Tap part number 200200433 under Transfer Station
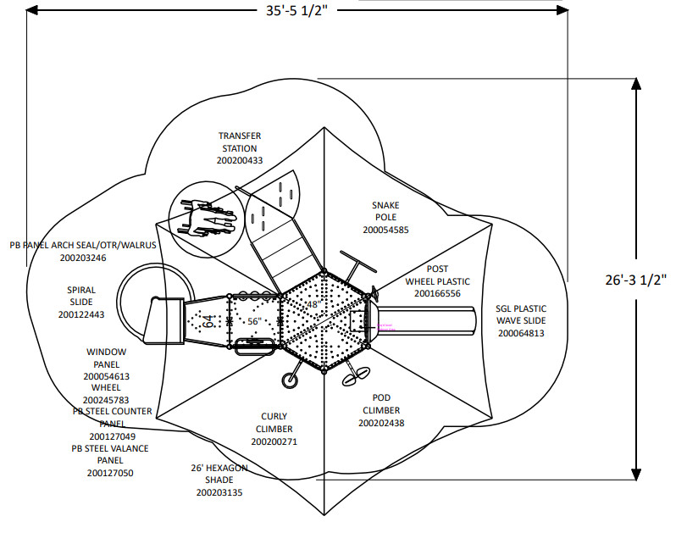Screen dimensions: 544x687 coord(240,160)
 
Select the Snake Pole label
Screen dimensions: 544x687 coord(385,211)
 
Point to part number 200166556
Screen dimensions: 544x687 coord(437,293)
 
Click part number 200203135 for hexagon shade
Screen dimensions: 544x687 coord(219,492)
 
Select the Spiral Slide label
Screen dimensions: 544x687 coord(81,296)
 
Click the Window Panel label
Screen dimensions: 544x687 coord(107,358)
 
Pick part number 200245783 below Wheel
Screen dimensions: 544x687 coord(107,399)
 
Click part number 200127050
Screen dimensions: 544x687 coord(109,474)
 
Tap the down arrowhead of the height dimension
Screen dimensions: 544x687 coord(636,475)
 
